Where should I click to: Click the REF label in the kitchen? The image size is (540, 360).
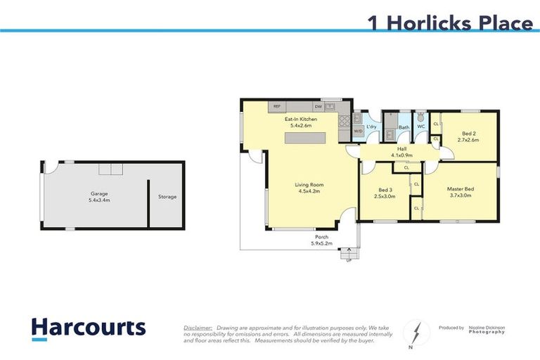coord(277,106)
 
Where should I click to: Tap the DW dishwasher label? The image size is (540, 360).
coord(318,106)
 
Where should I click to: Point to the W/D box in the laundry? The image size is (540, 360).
coord(358,131)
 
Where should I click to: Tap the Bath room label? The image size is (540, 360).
coord(404,127)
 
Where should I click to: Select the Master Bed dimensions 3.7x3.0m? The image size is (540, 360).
coord(459,195)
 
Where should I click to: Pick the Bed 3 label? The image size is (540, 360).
coord(385,190)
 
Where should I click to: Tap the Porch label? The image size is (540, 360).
coord(321,237)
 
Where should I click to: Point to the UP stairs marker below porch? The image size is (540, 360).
coord(348,261)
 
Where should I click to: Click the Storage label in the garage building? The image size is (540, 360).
coord(167,197)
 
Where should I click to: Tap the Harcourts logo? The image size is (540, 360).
coord(88,328)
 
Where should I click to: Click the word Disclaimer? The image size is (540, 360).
coord(198,328)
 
